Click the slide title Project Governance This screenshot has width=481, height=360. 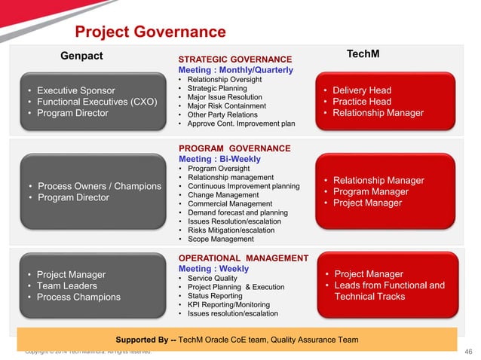coord(150,32)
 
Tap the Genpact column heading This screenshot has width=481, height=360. coord(81,56)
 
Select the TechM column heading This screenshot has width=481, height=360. coord(362,54)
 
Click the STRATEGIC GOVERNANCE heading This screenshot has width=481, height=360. coord(234,59)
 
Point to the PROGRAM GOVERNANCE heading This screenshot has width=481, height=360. coord(234,149)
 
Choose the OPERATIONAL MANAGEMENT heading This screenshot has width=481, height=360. coord(243,258)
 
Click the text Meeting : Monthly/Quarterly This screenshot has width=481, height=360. coord(235,70)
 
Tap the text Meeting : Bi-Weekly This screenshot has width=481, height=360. coord(219,160)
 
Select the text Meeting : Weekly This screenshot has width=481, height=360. coord(213,269)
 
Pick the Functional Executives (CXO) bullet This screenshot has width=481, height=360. coord(97,102)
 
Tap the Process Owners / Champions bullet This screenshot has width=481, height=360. coord(99,186)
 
